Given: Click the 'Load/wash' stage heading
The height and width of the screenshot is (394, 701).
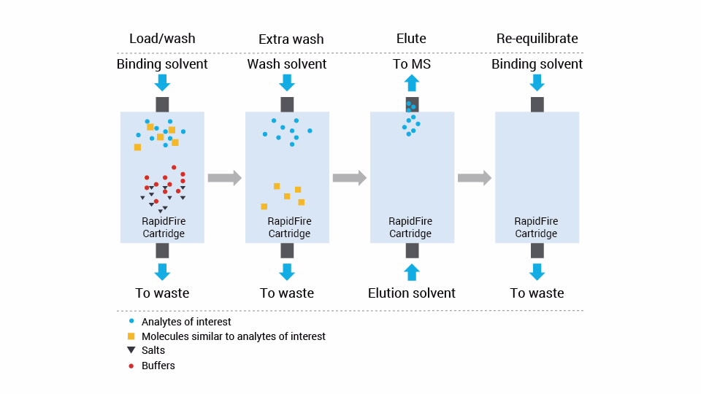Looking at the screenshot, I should tap(162, 39).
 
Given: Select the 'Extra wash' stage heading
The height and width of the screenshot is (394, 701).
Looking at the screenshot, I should tap(291, 39).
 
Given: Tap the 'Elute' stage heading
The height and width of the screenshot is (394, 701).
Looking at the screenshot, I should tap(412, 39).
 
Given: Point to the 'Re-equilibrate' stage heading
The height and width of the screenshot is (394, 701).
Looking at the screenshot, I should tap(537, 39).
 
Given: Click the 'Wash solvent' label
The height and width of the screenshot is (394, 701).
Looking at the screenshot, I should tap(287, 64).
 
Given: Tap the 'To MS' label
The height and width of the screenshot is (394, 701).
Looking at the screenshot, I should tap(412, 64).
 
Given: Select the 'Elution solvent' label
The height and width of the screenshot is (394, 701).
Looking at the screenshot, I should tap(412, 293).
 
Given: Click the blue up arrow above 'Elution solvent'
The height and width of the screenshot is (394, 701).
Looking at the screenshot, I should tap(412, 272).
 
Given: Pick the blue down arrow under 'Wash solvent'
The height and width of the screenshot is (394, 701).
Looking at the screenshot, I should tap(287, 83).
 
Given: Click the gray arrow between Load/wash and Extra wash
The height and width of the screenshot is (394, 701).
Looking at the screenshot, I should tap(224, 177).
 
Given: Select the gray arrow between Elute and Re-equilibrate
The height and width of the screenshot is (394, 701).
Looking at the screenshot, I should tap(474, 177).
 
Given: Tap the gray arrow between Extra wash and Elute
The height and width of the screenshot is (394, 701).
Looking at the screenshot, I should tap(349, 177).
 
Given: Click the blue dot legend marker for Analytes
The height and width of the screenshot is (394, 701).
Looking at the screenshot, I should tap(131, 321).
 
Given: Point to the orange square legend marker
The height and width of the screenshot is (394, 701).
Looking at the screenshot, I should tap(131, 336).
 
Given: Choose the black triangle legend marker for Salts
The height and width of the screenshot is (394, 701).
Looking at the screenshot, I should tap(131, 350).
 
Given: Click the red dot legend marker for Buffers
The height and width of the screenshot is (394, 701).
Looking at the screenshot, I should tap(131, 366).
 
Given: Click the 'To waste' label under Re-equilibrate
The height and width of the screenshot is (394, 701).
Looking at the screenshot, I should tap(537, 293).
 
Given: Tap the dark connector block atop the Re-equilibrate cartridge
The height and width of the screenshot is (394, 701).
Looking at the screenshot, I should tap(537, 104).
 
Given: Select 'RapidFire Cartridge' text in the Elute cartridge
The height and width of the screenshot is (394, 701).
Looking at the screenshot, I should tap(410, 228).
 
